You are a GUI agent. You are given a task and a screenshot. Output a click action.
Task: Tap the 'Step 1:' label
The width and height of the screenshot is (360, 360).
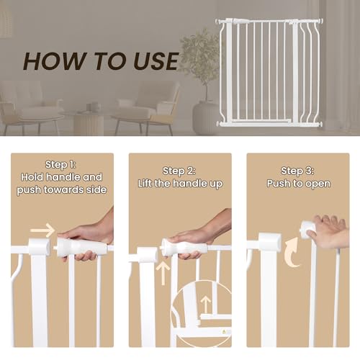pos(61,163)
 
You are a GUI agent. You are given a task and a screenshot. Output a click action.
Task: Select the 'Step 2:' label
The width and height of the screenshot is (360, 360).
pos(179,171)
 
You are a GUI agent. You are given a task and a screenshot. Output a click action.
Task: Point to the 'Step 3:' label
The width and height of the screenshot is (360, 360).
pos(297,171)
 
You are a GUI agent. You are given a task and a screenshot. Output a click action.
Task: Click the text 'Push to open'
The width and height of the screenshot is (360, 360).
pos(297,184)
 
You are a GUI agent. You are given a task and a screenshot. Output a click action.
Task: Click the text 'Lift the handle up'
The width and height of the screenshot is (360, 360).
pos(179,184)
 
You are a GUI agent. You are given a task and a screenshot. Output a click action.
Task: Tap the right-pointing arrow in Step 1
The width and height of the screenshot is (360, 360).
pos(43,230)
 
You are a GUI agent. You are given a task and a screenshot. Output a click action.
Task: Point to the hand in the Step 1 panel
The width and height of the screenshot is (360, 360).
pos(90,234)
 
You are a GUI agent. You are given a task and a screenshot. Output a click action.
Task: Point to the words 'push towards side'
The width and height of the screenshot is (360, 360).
pos(61,190)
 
